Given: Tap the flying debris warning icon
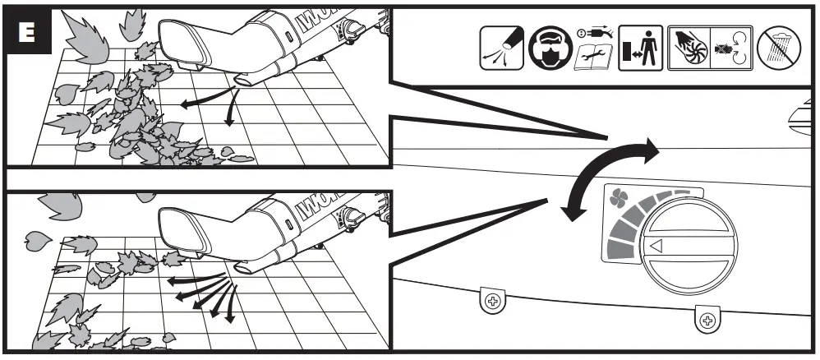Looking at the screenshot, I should tap(500, 48).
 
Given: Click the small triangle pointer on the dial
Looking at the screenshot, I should tap(656, 244).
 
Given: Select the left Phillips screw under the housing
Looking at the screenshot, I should tap(493, 302).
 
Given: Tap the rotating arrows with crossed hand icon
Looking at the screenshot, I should tap(727, 48).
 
